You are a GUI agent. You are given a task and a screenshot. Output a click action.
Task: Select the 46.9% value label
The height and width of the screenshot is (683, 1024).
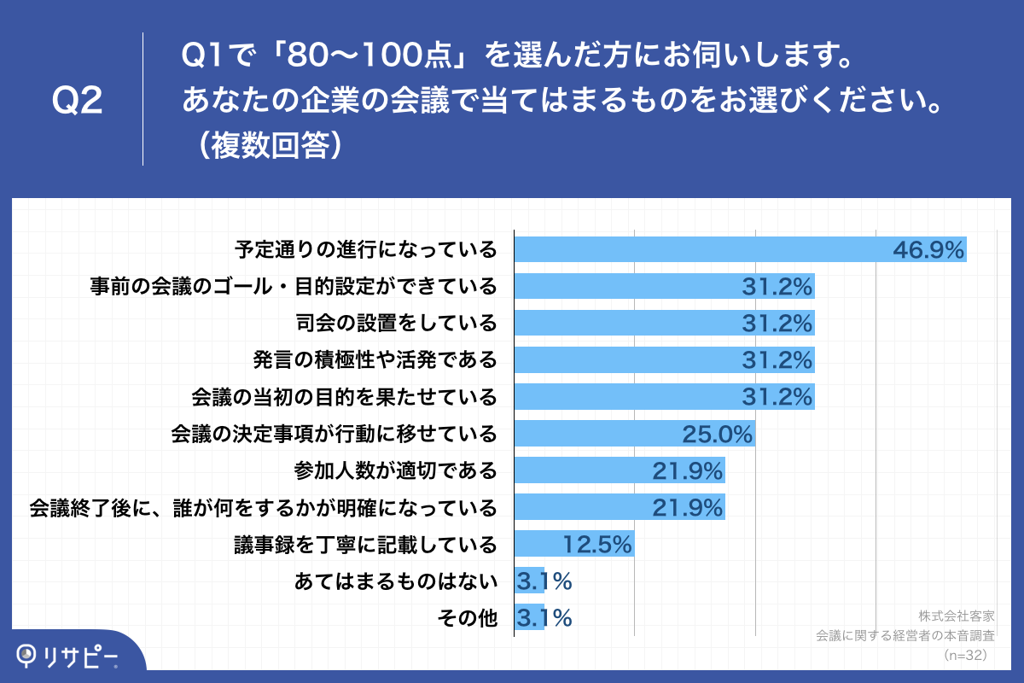928,249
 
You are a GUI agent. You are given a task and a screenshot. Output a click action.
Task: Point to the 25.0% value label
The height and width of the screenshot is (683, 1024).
717,434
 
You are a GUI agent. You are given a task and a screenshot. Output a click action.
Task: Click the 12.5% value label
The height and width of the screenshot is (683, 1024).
596,544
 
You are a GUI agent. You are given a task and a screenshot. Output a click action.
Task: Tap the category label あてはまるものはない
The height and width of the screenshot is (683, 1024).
395,581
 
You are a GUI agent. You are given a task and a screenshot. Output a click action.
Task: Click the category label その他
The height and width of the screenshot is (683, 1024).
467,618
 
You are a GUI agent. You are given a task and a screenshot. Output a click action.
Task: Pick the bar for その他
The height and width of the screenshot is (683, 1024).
529,618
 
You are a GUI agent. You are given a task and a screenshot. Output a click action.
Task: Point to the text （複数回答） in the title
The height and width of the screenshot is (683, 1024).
268,144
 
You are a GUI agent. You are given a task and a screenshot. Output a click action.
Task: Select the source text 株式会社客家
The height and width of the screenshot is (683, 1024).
957,616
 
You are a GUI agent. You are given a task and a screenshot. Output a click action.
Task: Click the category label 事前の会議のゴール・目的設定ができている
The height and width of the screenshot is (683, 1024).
294,286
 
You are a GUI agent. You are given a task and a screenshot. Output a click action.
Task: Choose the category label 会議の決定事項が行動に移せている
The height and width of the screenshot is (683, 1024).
334,434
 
